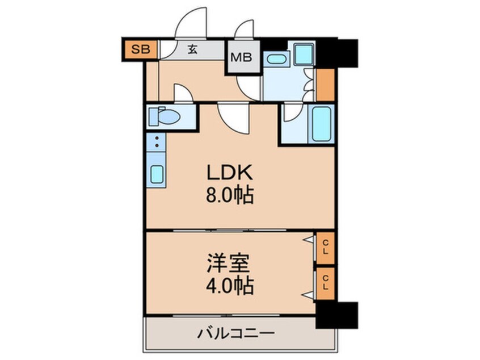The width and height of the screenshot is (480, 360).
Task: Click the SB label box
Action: point(138,49)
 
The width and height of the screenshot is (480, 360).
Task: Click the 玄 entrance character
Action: point(192,49)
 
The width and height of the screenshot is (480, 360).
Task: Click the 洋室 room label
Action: point(229,263)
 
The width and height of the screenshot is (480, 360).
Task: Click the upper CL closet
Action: point(326,248)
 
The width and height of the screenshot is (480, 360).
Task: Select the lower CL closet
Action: point(326,282)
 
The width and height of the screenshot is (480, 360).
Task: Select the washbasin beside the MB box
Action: point(275,58)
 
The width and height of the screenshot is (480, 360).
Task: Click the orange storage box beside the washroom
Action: point(325,85)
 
